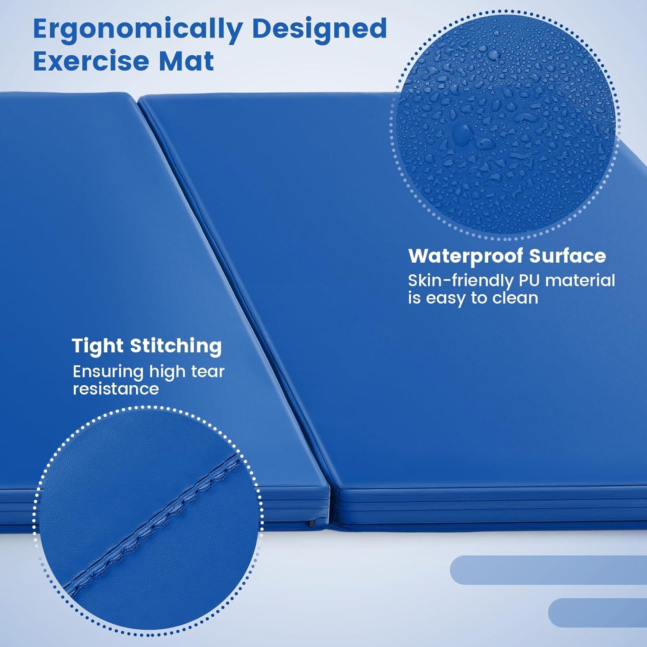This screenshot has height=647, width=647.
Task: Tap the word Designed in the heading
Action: tap(319, 29)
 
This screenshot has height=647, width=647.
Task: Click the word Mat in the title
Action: tap(187, 61)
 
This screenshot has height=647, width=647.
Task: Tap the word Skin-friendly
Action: tap(461, 281)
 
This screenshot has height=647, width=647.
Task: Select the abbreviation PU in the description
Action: tap(528, 280)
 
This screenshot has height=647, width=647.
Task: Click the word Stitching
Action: tap(176, 346)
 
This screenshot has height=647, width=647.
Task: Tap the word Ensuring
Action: tap(108, 372)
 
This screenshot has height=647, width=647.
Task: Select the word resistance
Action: tap(116, 389)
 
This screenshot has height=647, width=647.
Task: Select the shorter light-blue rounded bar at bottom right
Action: tap(598, 612)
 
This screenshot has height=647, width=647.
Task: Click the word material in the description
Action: tap(580, 280)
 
